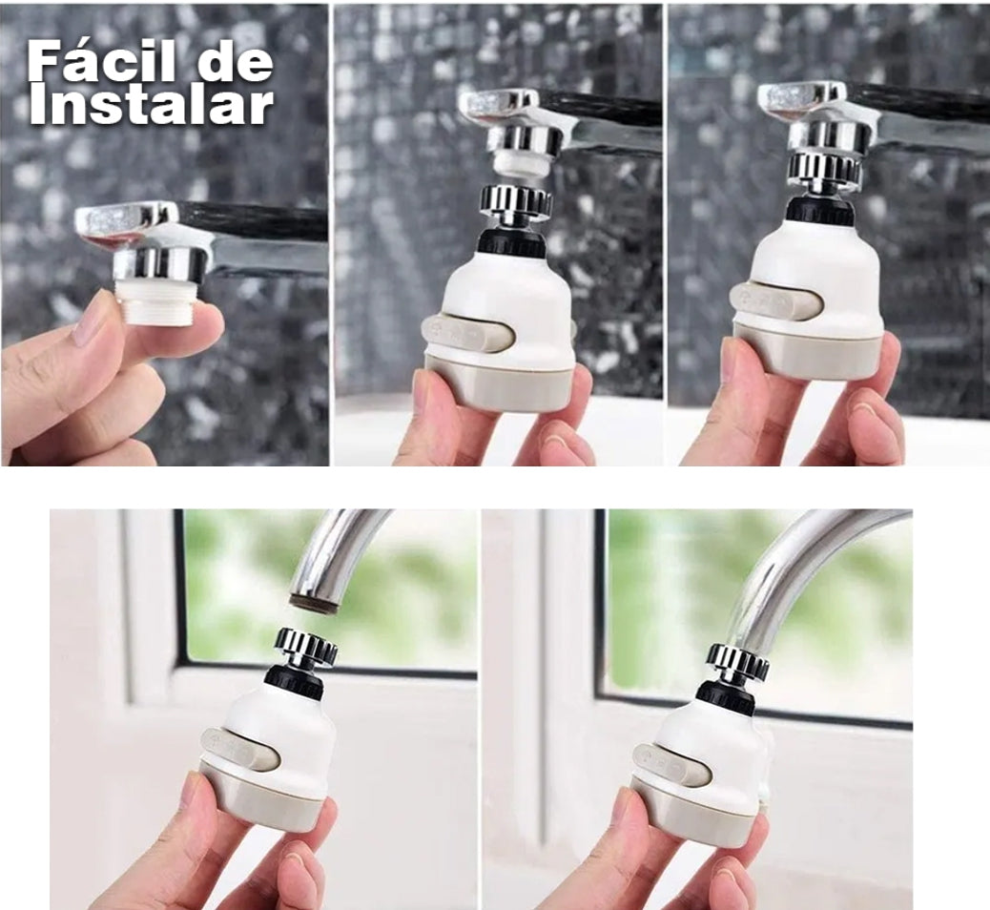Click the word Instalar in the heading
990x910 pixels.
pos(151,106)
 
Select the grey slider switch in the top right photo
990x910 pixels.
pos(775,300)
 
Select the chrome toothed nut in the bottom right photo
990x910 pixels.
pos(737,664)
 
